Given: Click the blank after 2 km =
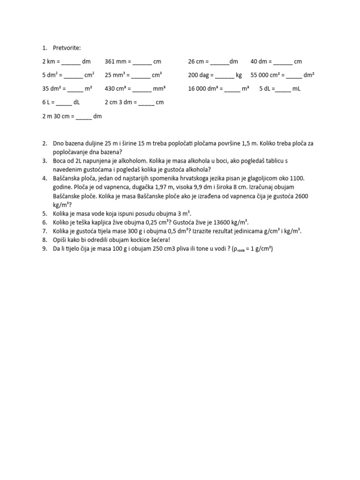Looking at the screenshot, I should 71,62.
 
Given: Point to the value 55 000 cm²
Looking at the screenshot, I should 267,75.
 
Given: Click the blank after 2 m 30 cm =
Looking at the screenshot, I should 83,116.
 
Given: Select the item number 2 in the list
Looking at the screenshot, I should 45,143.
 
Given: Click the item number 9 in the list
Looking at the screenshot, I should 45,249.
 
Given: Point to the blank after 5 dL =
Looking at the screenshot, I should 283,89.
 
